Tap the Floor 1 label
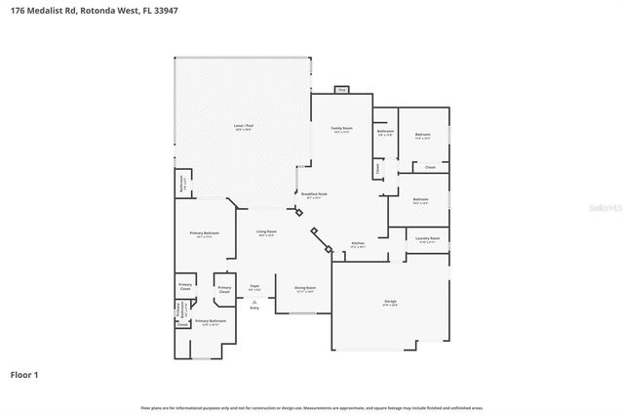[x=24, y=374]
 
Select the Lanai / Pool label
[x=243, y=126]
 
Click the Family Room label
[x=341, y=129]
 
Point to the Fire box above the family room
[x=341, y=90]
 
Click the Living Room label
[x=265, y=232]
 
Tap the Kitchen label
[x=357, y=244]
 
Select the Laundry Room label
[x=427, y=239]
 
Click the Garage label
[x=390, y=304]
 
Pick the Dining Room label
[x=305, y=289]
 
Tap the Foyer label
[x=254, y=287]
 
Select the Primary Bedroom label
[x=204, y=233]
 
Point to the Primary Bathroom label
[x=211, y=322]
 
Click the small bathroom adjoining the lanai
[x=182, y=182]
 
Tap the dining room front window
[x=295, y=313]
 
